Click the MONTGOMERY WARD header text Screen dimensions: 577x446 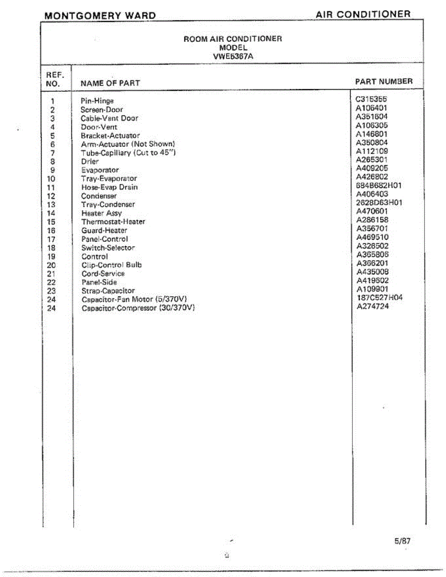pyautogui.click(x=100, y=16)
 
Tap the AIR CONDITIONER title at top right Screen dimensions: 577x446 pyautogui.click(x=363, y=14)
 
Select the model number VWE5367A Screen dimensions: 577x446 pyautogui.click(x=233, y=56)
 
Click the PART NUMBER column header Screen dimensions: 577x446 pyautogui.click(x=383, y=82)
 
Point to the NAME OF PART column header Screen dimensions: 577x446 pyautogui.click(x=110, y=83)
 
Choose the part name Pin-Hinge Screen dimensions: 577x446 pyautogui.click(x=97, y=101)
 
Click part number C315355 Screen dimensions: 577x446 pyautogui.click(x=371, y=99)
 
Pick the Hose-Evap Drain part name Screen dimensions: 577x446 pyautogui.click(x=109, y=187)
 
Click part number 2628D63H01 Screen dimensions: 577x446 pyautogui.click(x=379, y=202)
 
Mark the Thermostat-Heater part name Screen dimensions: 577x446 pyautogui.click(x=113, y=222)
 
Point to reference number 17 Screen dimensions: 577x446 pyautogui.click(x=52, y=239)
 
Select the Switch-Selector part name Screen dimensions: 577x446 pyautogui.click(x=108, y=248)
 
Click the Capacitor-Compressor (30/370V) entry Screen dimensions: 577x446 pyautogui.click(x=138, y=308)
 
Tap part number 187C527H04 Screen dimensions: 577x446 pyautogui.click(x=379, y=298)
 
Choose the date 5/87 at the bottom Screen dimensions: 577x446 pyautogui.click(x=402, y=541)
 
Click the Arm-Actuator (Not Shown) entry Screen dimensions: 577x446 pyautogui.click(x=127, y=144)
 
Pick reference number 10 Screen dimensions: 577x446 pyautogui.click(x=52, y=179)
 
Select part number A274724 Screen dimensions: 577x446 pyautogui.click(x=372, y=306)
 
